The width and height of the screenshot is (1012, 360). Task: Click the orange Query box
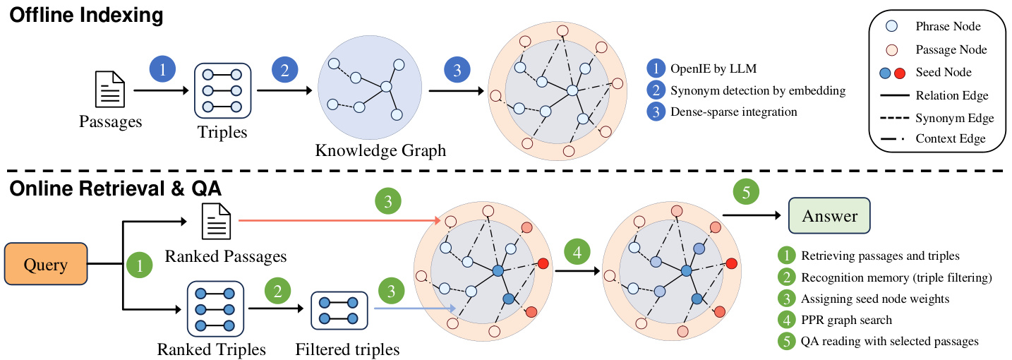click(45, 265)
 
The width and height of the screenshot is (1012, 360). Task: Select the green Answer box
click(829, 216)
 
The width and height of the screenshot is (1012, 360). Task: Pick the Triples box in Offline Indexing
click(223, 91)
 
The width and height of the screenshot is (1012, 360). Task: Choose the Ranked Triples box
click(215, 309)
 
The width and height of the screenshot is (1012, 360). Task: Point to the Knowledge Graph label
click(380, 150)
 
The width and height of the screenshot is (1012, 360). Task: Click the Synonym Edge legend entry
click(953, 117)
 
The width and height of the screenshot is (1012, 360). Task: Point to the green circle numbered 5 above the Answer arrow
click(746, 191)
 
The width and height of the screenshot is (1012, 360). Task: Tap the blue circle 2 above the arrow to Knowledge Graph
click(285, 71)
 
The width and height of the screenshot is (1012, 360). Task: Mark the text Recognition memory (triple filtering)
click(897, 277)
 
